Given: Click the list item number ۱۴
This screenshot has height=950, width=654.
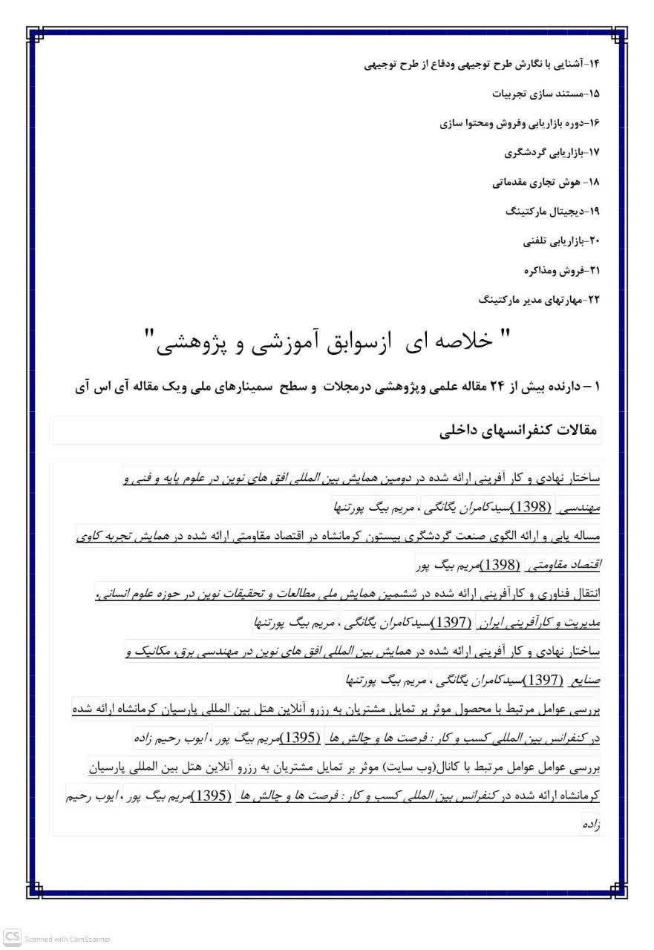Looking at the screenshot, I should [593, 64].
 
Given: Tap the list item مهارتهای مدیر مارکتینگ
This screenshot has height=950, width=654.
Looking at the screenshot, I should [534, 300].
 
